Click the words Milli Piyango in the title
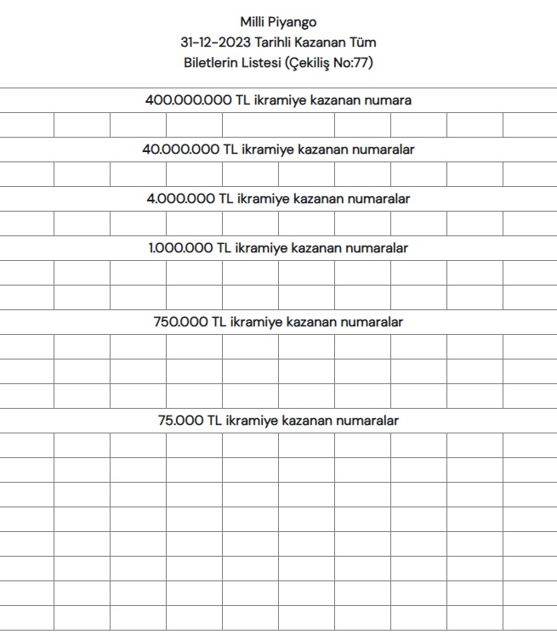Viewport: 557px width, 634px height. point(278,22)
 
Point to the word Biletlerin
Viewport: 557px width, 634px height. point(213,62)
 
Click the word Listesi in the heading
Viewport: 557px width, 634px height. point(266,62)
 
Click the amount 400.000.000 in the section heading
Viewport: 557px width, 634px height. point(189,100)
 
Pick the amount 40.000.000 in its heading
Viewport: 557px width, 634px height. point(180,150)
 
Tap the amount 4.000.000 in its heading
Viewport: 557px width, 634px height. point(180,199)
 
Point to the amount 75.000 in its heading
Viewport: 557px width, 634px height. point(180,421)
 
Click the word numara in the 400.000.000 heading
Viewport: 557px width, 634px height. point(388,100)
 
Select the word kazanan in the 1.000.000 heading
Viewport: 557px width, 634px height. point(317,248)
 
